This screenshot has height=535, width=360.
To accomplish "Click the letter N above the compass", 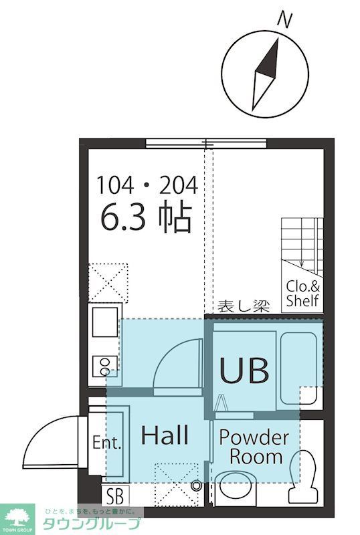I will click(285, 20).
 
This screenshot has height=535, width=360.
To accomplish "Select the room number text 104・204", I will click(147, 185).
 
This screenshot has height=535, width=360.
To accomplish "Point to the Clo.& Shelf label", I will click(302, 294).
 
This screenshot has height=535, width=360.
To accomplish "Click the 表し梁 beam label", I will click(242, 307).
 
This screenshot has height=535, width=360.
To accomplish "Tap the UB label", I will click(244, 370).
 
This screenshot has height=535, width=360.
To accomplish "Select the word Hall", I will click(165, 435).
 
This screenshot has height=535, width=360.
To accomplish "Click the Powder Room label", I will click(254, 447).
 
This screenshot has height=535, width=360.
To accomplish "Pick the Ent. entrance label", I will click(107, 443).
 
